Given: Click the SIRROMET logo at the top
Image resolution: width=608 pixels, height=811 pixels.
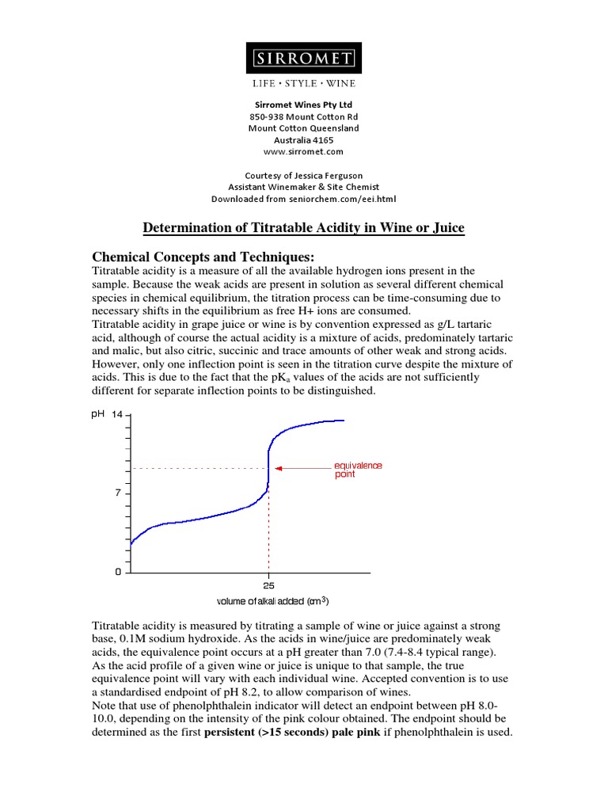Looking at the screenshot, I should click(303, 59).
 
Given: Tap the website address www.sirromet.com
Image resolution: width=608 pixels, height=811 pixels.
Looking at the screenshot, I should click(303, 151).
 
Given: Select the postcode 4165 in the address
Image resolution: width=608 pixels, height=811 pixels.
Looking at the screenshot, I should click(321, 139).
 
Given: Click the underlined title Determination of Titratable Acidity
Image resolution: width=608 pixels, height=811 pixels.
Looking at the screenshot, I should click(303, 228).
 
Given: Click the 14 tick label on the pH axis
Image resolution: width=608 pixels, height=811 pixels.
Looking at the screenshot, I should click(117, 414).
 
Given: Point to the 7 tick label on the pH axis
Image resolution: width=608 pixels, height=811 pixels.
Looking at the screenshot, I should click(117, 493).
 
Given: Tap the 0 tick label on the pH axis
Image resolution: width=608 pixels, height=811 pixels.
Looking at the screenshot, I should click(118, 572).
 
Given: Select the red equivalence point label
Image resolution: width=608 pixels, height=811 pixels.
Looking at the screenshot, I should click(358, 470).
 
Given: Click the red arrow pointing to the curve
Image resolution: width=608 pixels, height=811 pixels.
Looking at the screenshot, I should click(301, 468).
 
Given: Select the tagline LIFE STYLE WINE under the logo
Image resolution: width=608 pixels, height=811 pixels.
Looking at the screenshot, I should click(303, 84).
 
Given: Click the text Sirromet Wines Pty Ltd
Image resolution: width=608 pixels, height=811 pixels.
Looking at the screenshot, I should click(303, 105).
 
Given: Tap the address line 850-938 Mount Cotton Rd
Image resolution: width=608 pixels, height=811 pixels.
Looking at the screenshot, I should click(303, 116).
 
